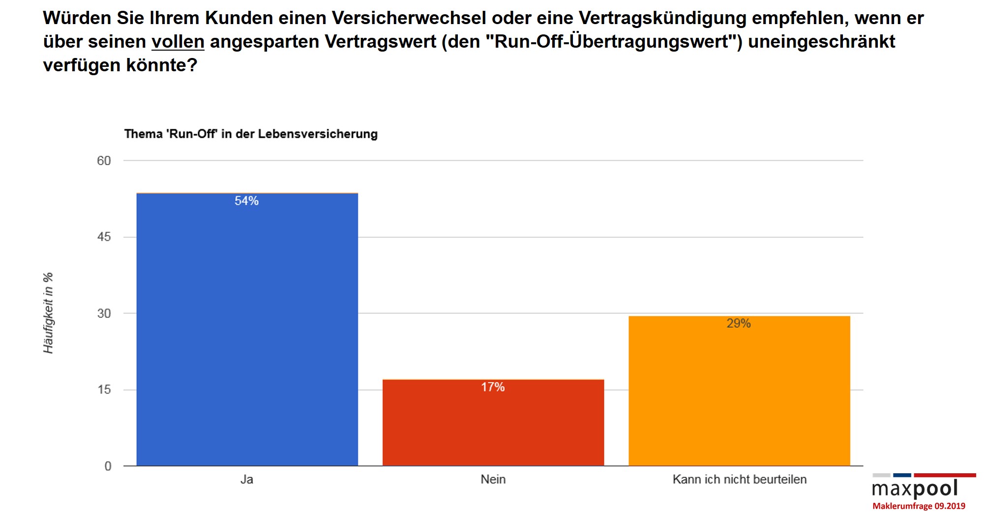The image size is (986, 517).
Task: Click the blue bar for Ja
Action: (247, 329)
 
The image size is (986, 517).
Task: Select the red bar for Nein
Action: (493, 423)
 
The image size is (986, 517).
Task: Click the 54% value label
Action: (246, 201)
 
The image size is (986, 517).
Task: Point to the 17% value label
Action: (493, 387)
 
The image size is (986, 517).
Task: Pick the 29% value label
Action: (739, 323)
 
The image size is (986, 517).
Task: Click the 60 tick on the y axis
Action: (104, 161)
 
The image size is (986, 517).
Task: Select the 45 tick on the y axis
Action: (104, 237)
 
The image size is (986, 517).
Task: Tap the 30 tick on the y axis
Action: (104, 314)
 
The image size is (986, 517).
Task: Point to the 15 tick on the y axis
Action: (104, 390)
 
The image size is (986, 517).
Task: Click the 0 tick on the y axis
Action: (108, 466)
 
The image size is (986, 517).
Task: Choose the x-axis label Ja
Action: (247, 480)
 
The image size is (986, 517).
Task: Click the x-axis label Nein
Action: (493, 480)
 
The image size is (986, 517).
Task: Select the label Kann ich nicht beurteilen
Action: (739, 480)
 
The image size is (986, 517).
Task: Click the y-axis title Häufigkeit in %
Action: (48, 313)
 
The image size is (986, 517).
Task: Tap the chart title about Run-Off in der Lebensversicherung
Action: (251, 134)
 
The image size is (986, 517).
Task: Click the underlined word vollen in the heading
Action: (178, 42)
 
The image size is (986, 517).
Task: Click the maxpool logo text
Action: (915, 489)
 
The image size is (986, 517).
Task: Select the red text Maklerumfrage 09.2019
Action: (919, 506)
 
